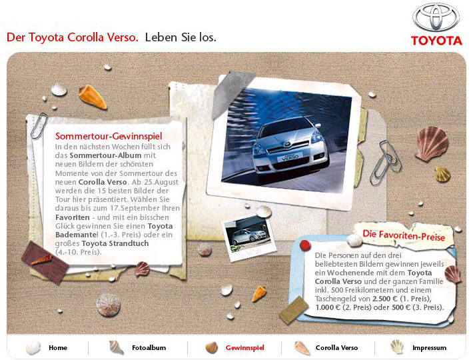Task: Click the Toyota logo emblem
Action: tap(436, 17)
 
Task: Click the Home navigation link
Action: tap(58, 347)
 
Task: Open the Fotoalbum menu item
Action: tap(149, 347)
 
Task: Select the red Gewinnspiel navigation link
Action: tap(244, 347)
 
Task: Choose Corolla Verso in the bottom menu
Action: tap(336, 347)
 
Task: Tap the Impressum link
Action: tap(429, 347)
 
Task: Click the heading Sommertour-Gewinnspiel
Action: tap(109, 136)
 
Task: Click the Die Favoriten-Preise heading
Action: tap(404, 235)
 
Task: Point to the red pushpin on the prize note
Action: tap(306, 245)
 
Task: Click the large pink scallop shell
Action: tap(432, 143)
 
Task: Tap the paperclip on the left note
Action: tap(39, 125)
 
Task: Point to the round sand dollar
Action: tap(108, 305)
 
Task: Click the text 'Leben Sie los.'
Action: tap(181, 37)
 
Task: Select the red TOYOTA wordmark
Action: tap(436, 40)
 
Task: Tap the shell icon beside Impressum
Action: tap(397, 347)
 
